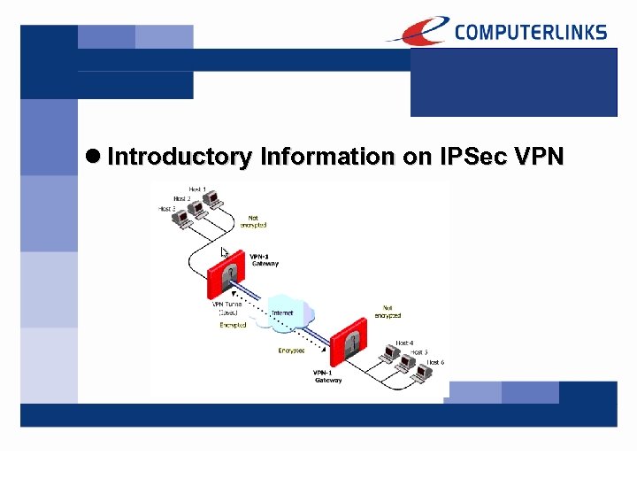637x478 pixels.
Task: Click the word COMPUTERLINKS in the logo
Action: coord(531,32)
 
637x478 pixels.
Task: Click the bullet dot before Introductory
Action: coord(95,157)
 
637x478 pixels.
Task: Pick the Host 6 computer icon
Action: coord(422,372)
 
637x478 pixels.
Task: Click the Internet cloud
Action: coord(283,313)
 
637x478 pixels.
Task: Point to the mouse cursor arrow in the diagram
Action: coord(225,252)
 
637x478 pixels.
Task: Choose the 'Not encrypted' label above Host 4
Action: coord(386,312)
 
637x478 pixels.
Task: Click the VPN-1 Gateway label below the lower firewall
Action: coord(327,376)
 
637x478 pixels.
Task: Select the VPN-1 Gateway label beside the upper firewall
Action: coord(264,259)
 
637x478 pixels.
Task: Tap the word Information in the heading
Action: coord(327,157)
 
